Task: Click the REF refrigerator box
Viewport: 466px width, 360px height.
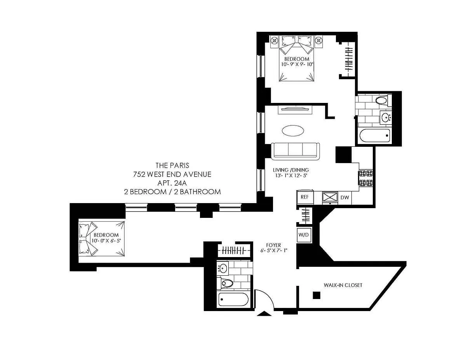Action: pos(305,197)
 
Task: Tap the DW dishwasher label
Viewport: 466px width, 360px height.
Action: pos(344,197)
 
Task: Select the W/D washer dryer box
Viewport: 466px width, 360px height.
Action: pos(304,235)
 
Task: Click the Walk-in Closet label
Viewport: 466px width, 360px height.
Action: pos(343,285)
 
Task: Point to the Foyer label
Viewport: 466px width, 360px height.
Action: pos(273,245)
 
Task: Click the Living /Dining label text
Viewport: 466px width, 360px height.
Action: pos(291,170)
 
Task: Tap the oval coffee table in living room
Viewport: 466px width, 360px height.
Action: pos(293,130)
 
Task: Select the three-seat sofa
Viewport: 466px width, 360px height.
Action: pos(295,151)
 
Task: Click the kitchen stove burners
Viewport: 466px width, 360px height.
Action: pos(366,178)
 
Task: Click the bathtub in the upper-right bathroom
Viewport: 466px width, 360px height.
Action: pos(375,136)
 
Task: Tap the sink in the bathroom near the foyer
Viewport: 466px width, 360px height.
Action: pos(223,268)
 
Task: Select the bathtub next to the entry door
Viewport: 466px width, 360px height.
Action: pos(233,299)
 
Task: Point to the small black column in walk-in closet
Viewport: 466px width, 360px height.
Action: pos(316,295)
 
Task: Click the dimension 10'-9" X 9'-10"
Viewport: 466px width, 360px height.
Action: pos(297,64)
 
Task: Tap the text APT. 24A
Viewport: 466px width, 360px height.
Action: pos(172,183)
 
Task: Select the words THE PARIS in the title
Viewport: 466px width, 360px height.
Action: pos(172,165)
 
